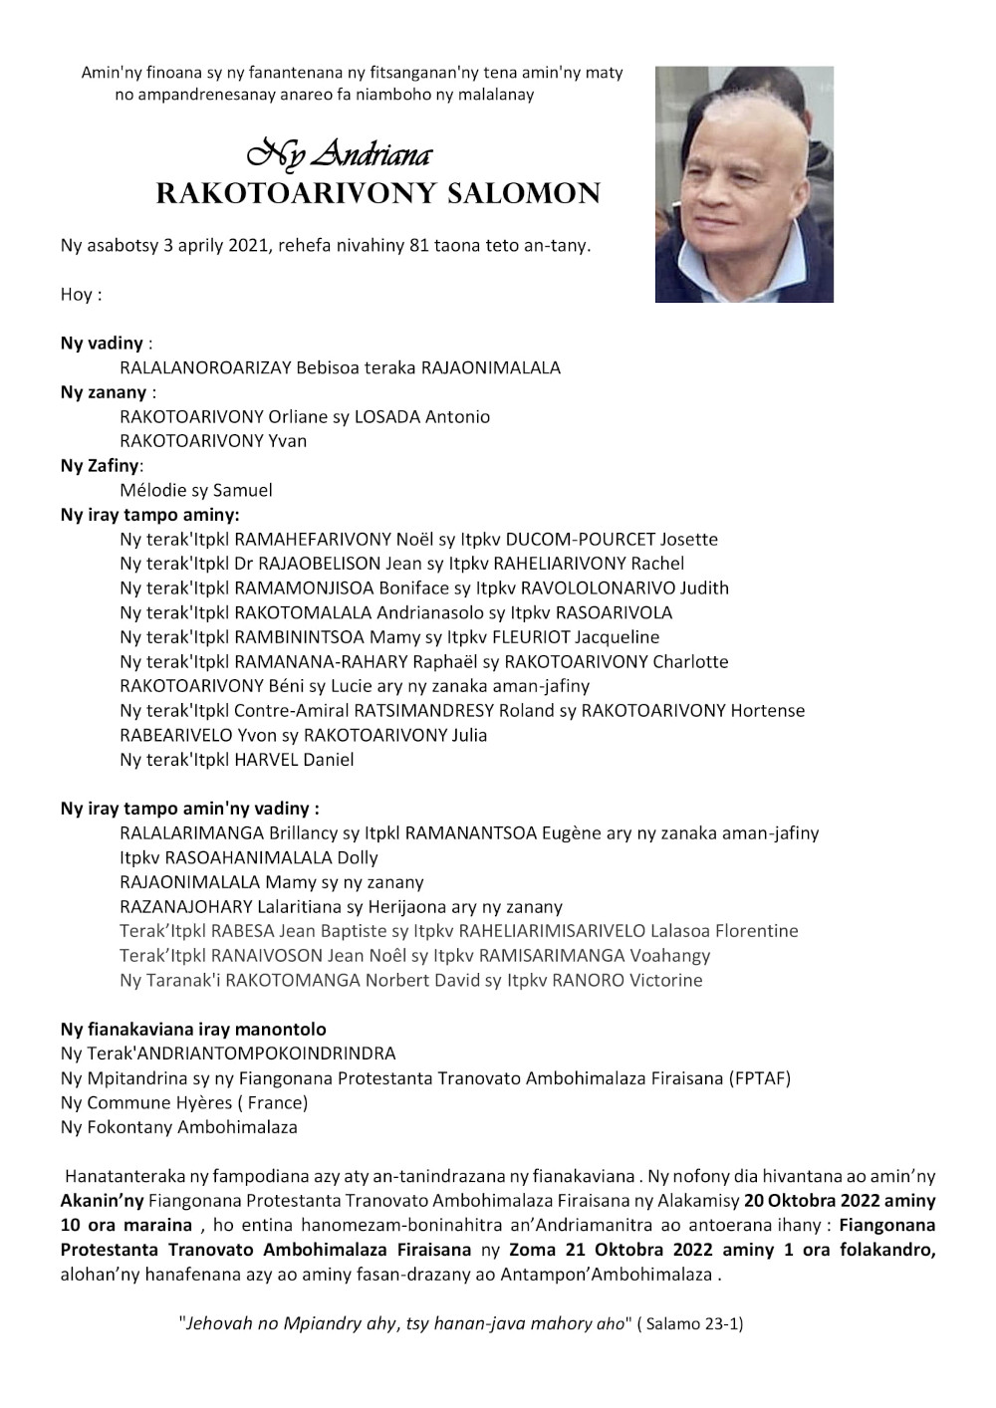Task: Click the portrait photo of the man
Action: coord(744,184)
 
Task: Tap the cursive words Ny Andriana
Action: coord(340,154)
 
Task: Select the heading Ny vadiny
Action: coord(102,344)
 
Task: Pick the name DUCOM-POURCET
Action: coord(581,540)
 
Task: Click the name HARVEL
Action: coord(266,760)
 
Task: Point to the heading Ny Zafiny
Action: coord(100,465)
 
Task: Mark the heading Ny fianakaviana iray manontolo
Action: coord(193,1030)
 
